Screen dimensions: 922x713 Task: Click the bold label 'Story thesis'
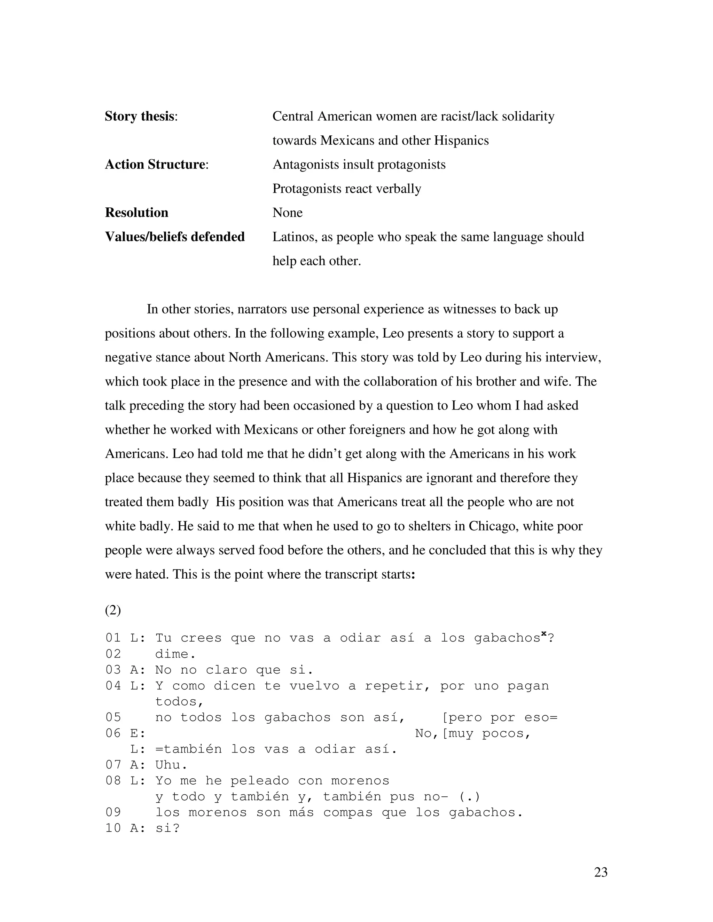click(x=139, y=116)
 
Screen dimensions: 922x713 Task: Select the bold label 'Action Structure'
click(x=155, y=164)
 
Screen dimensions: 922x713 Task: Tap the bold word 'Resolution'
click(x=136, y=212)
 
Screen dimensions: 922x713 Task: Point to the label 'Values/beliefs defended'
click(x=174, y=237)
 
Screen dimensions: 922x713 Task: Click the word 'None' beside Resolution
click(x=287, y=212)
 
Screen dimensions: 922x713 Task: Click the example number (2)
click(x=113, y=610)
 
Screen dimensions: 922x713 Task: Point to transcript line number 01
click(x=113, y=638)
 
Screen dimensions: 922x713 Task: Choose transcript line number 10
click(x=113, y=828)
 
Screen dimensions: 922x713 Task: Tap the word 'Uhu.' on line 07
click(x=171, y=764)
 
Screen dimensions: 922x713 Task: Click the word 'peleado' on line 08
click(x=255, y=781)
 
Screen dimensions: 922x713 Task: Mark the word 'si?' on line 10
click(x=167, y=828)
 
